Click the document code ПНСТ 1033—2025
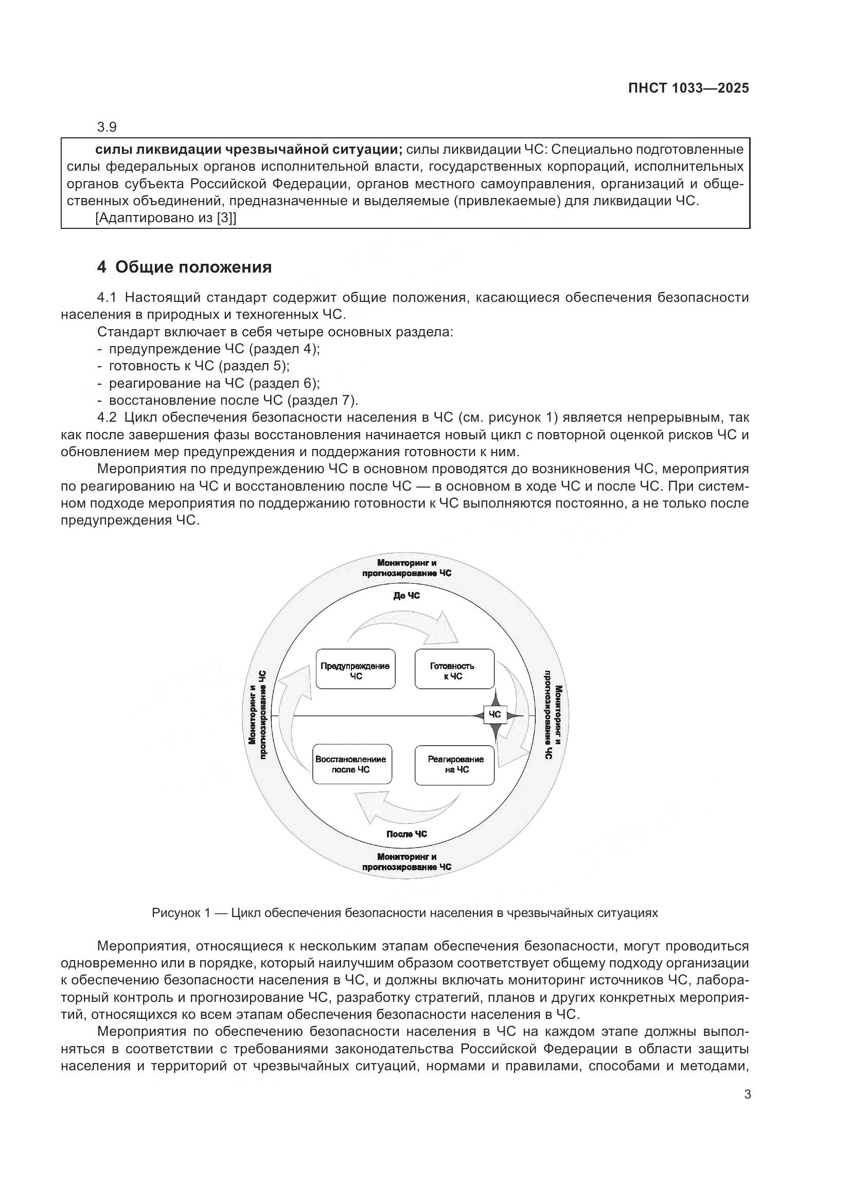688,88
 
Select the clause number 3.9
107,127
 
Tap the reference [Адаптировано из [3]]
166,218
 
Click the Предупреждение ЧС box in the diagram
356,671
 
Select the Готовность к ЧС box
454,671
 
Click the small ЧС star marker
494,715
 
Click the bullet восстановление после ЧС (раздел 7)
233,400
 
